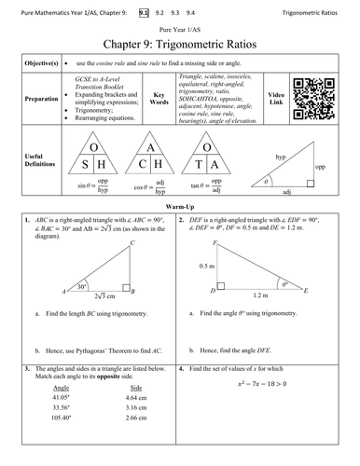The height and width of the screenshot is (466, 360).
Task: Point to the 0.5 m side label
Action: pos(206,267)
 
